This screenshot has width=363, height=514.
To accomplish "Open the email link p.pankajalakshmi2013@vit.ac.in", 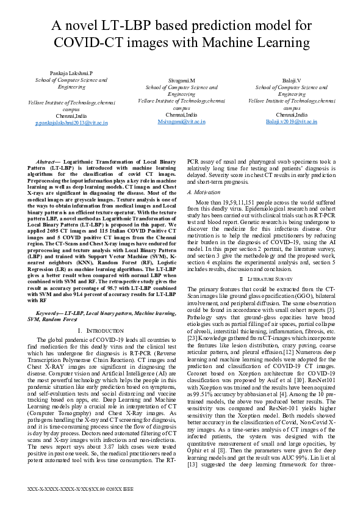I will [x=71, y=122].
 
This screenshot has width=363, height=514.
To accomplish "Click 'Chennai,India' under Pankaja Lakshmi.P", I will [x=71, y=115].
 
